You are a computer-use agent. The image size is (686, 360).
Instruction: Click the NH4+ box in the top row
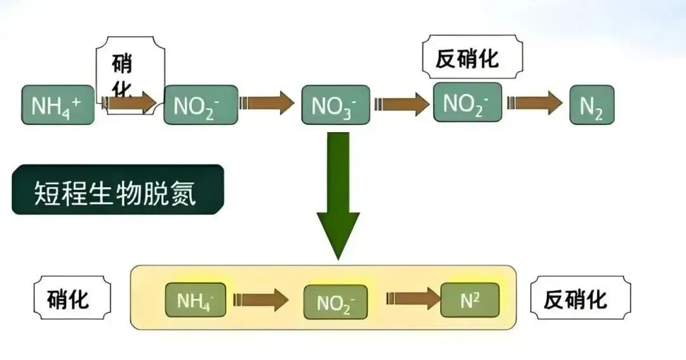(58, 105)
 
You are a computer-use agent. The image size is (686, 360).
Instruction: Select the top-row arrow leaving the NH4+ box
(130, 102)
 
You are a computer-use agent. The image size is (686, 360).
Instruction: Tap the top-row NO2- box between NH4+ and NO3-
(201, 105)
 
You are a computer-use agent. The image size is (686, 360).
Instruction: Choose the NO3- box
(335, 105)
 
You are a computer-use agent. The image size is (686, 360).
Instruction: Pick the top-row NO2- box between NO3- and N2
(467, 102)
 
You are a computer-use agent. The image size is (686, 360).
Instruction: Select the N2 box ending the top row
(591, 105)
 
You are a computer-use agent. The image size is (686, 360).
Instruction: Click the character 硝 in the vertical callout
(122, 65)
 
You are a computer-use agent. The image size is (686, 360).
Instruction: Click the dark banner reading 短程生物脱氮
(118, 190)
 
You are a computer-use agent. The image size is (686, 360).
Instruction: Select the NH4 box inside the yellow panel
(196, 300)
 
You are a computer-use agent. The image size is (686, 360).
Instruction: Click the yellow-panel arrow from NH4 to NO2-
(260, 300)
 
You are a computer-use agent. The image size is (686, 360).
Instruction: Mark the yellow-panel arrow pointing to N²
(413, 299)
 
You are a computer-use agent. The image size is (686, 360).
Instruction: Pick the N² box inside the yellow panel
(470, 300)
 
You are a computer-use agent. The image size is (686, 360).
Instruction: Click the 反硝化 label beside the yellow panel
(580, 298)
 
